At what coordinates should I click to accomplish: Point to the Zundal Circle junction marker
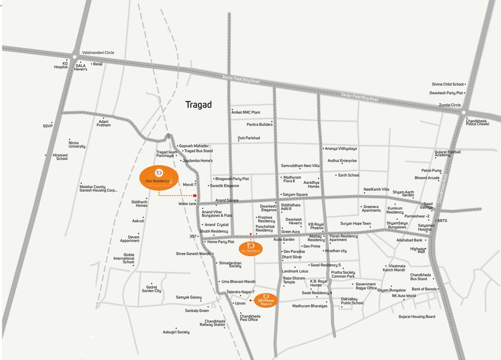[463, 112]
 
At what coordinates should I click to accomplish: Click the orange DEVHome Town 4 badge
[266, 300]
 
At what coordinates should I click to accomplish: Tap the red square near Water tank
[194, 196]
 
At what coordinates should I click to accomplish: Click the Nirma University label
[77, 144]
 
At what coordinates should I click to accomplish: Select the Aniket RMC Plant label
[246, 112]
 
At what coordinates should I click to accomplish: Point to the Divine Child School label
[448, 84]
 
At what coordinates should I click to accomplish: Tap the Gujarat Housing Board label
[417, 317]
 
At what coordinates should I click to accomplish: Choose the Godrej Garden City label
[151, 289]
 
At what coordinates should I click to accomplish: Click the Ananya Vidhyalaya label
[341, 149]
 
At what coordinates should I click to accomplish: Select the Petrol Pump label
[431, 171]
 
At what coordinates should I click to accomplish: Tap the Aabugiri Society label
[176, 332]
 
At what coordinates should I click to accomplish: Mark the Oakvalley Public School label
[352, 301]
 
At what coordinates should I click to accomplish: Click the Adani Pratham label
[104, 123]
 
